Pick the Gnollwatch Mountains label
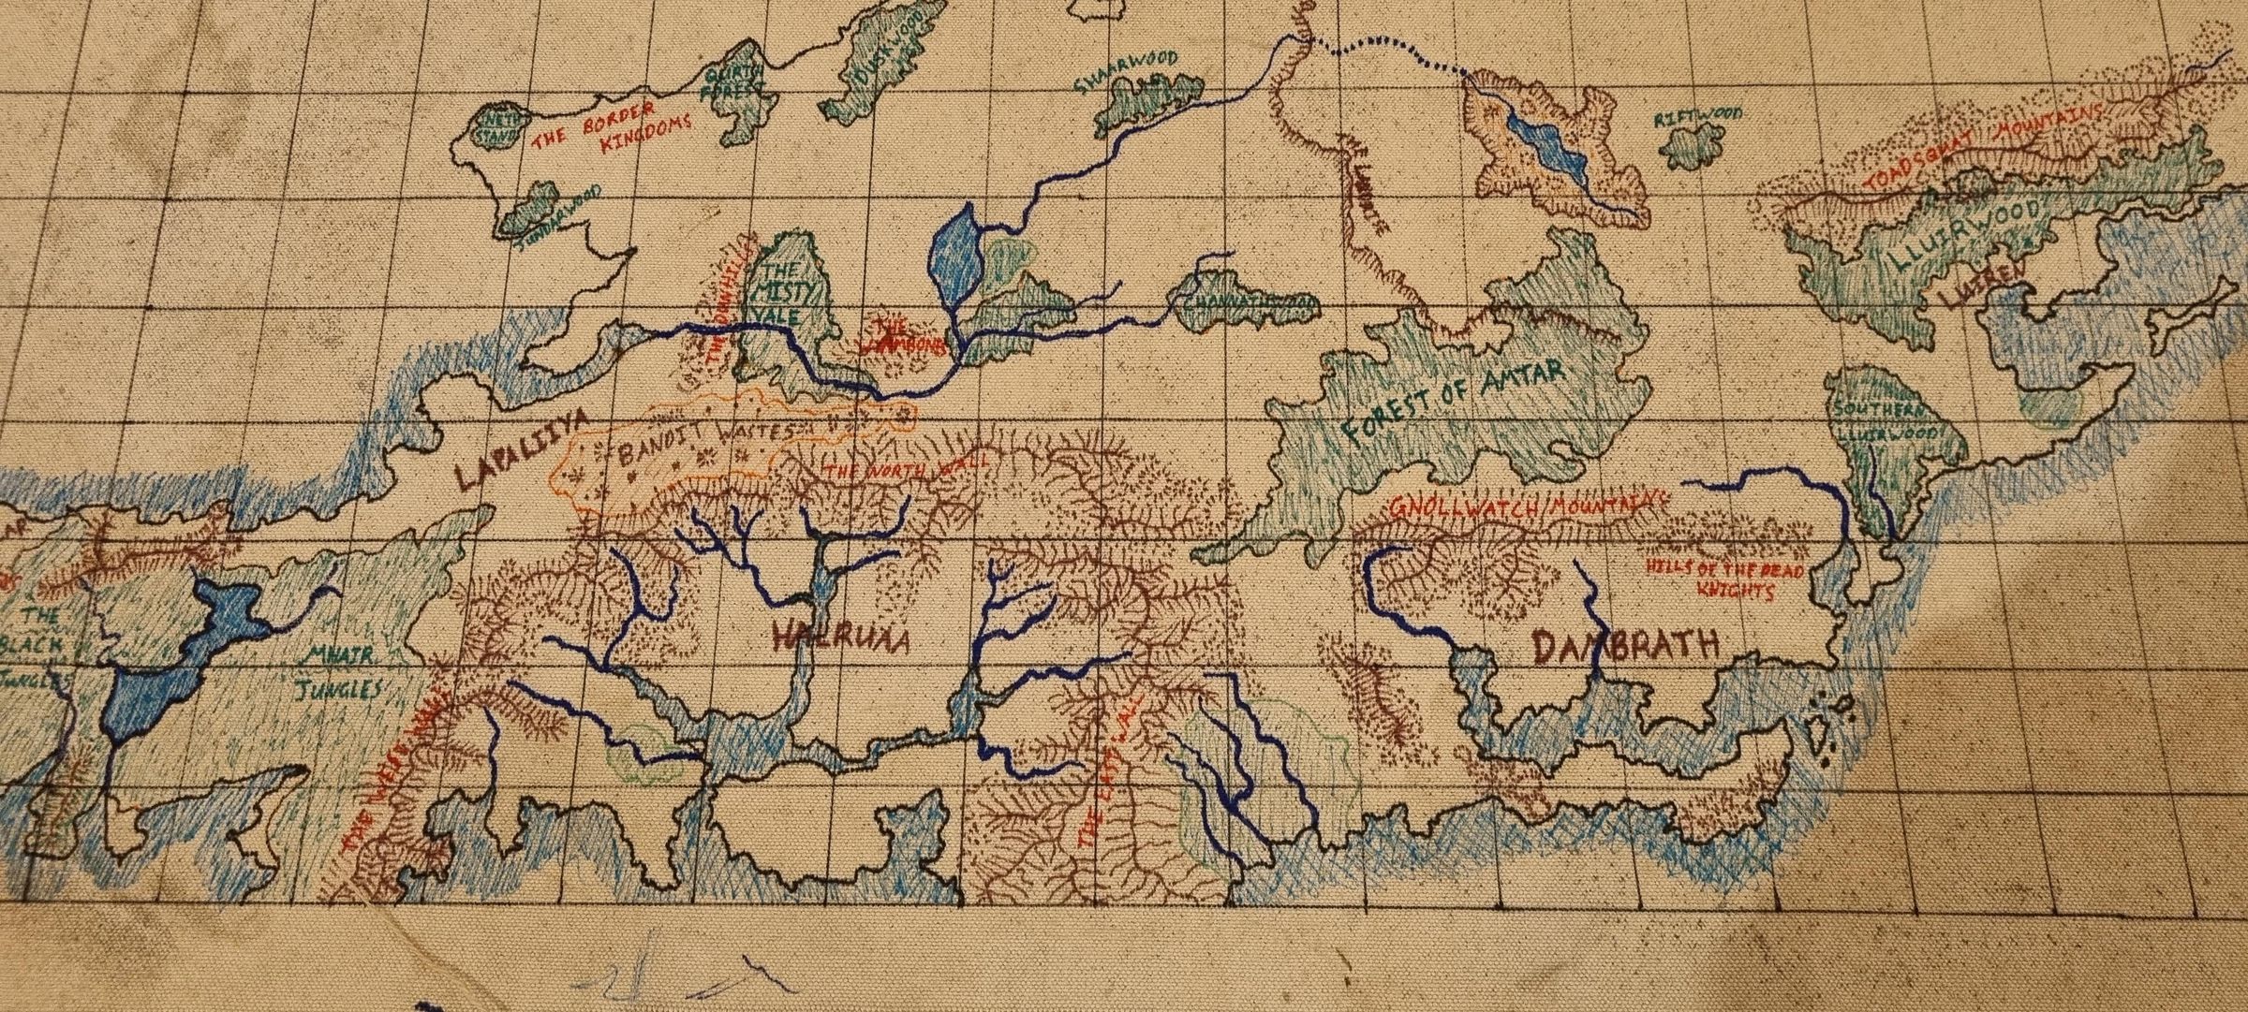1527,506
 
